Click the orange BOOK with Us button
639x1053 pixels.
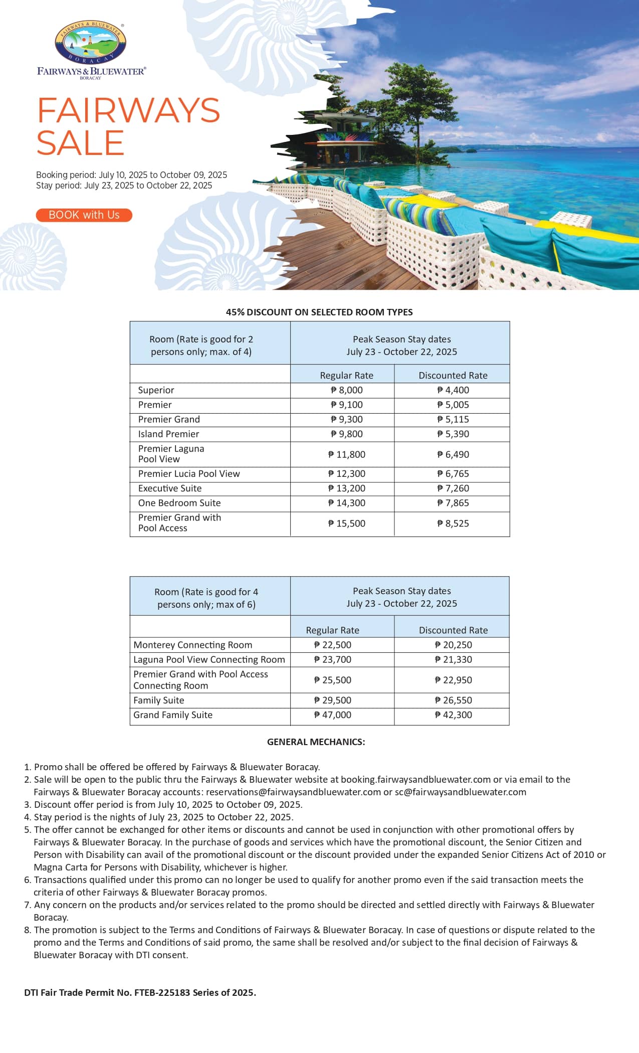[x=84, y=215]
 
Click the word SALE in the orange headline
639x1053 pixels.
[x=80, y=143]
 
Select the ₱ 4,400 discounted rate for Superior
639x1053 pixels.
[x=453, y=390]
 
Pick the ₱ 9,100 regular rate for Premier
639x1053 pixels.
[x=346, y=405]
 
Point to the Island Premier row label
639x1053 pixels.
[x=168, y=434]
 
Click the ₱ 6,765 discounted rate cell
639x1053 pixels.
[x=453, y=474]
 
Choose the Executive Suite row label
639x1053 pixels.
[x=170, y=488]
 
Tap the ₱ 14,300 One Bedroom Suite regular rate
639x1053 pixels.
[x=346, y=503]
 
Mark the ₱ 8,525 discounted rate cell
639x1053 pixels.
[x=453, y=523]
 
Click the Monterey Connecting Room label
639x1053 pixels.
[x=193, y=645]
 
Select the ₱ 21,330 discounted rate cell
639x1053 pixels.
[x=453, y=659]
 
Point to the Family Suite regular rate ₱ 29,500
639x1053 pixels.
[x=332, y=700]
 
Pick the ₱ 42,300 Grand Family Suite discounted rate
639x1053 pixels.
[x=453, y=715]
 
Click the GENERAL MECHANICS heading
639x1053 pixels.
[x=316, y=742]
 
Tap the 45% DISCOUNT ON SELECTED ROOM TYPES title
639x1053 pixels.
[x=319, y=312]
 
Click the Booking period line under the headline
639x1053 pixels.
[x=131, y=175]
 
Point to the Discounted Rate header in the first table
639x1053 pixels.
[x=453, y=376]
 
